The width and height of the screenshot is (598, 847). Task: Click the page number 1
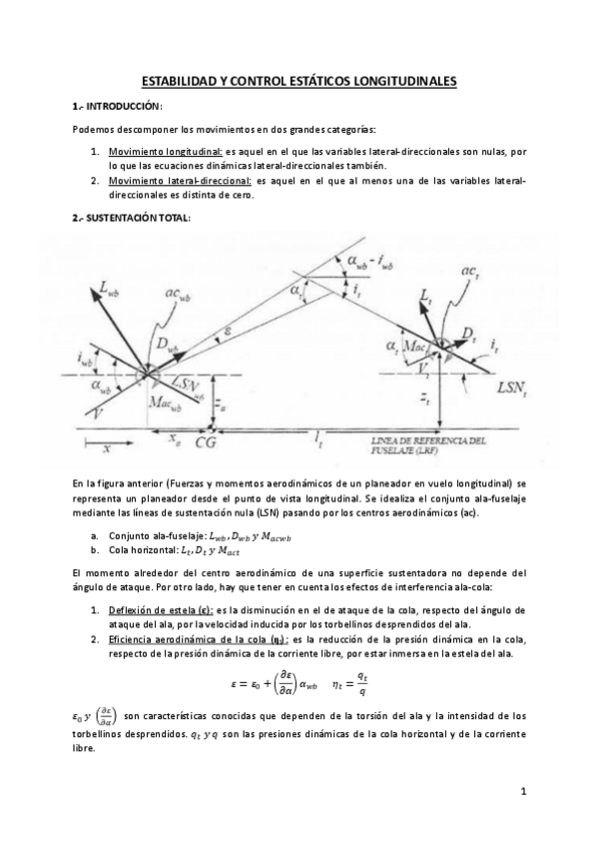[523, 792]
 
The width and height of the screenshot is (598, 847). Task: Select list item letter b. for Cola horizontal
[94, 549]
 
